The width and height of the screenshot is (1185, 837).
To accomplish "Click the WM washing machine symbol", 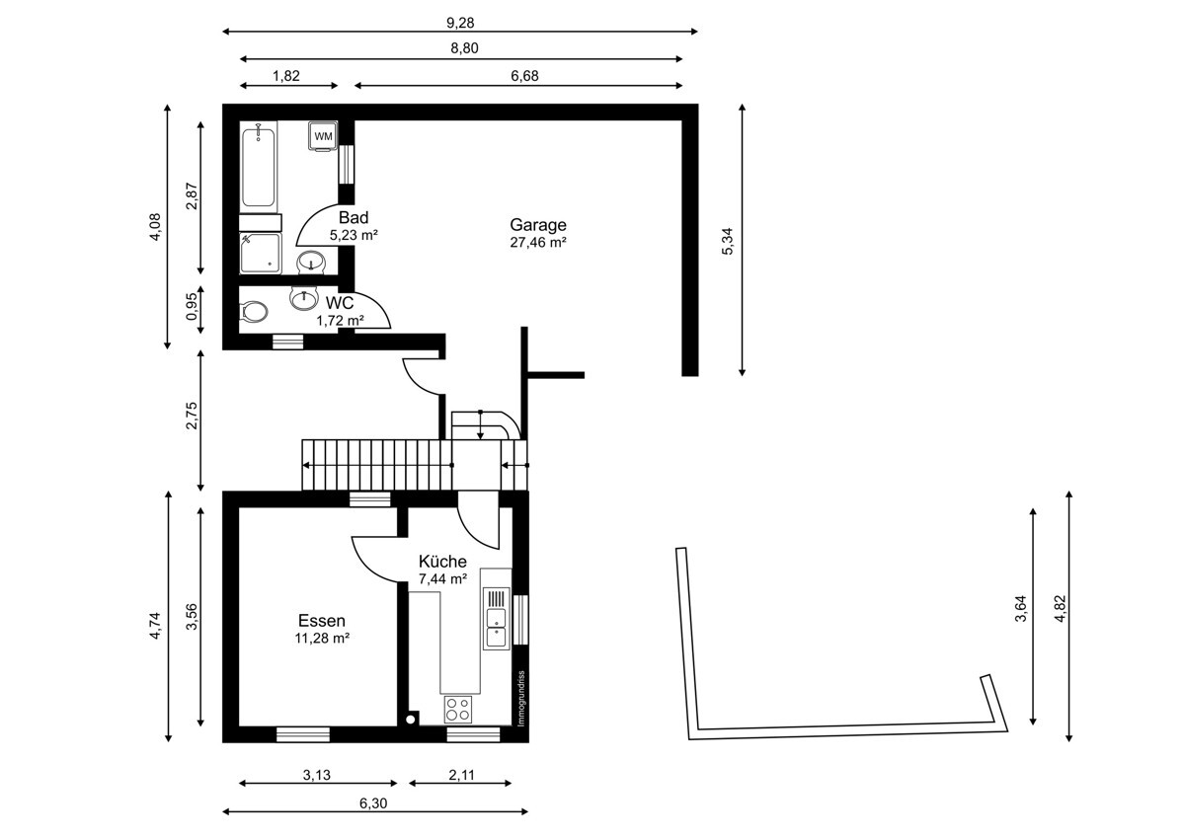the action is (x=323, y=136).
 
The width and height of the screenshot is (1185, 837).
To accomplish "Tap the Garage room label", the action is (x=538, y=225).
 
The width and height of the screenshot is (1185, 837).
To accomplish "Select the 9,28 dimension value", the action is (x=460, y=23).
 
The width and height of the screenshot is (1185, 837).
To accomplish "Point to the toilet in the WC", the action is (x=254, y=312).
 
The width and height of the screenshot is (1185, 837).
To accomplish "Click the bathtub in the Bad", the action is (x=258, y=165).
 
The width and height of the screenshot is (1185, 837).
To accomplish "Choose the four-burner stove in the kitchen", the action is (x=458, y=709).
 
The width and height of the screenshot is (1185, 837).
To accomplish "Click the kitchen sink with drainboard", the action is (x=496, y=619).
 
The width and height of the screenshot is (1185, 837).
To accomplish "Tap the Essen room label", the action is (x=322, y=620).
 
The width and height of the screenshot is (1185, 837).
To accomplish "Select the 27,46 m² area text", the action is (x=538, y=242).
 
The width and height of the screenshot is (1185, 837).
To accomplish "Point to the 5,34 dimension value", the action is (x=728, y=241).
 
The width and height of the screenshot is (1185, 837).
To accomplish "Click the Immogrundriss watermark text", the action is (x=521, y=699).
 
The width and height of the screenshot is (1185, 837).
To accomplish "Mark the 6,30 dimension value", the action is (x=373, y=803).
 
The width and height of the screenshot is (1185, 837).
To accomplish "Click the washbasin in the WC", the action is (x=304, y=298).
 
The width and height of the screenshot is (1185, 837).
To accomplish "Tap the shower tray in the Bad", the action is (x=261, y=254).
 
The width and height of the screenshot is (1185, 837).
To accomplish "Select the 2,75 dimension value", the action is (x=192, y=416).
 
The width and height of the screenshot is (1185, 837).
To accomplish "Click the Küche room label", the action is (x=442, y=561).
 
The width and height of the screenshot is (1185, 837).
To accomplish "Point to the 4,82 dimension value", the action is (x=1060, y=609).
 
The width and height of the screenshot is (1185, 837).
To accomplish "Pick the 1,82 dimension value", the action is (x=286, y=76).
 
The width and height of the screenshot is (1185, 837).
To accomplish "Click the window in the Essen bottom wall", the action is (x=303, y=734).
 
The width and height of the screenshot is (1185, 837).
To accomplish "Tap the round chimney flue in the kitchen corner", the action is (x=410, y=720).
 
